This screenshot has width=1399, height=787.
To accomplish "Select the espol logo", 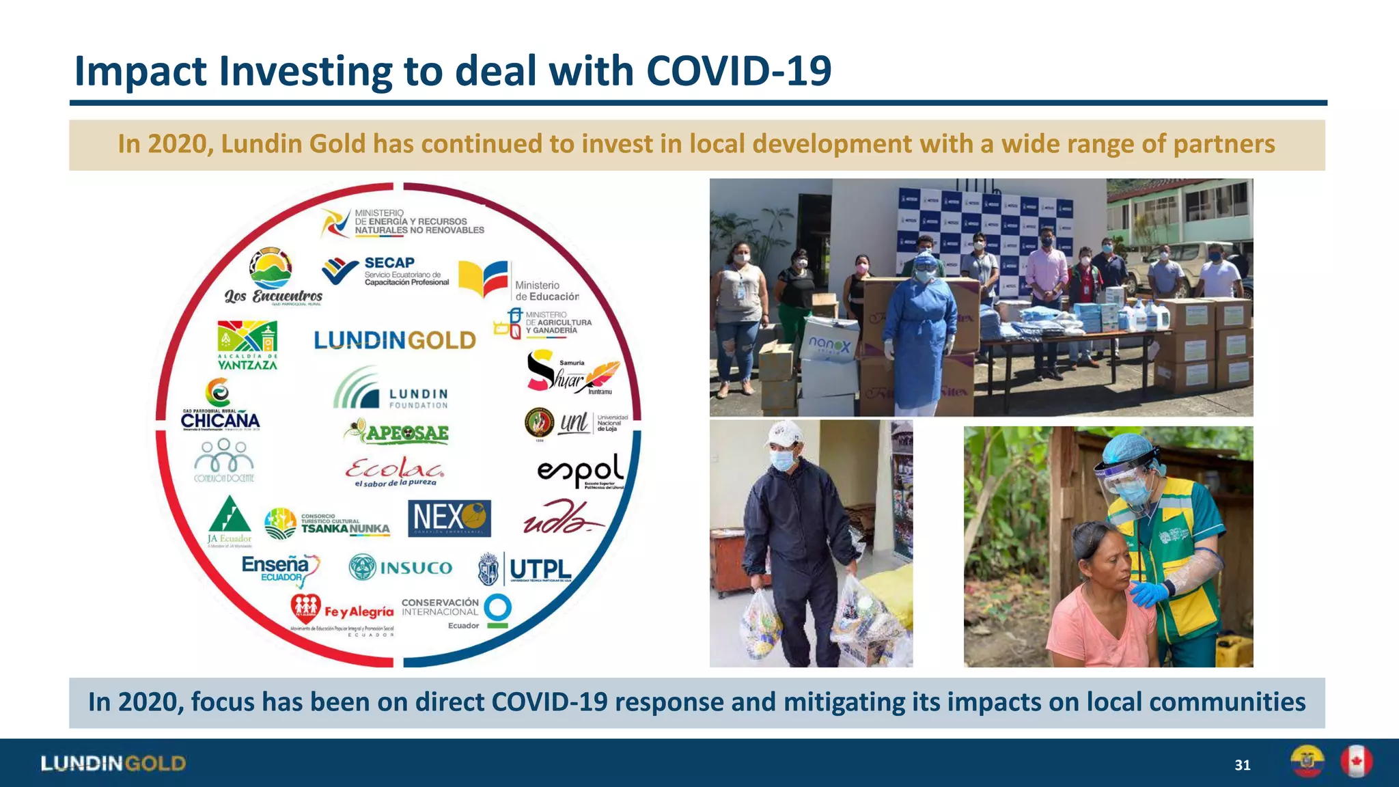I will click(x=581, y=471).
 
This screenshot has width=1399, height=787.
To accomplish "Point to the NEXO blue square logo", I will click(x=449, y=519).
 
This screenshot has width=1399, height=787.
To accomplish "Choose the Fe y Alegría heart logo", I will click(x=306, y=606).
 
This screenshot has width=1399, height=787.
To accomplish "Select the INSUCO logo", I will click(x=401, y=568).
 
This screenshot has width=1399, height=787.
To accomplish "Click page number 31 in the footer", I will click(x=1243, y=765).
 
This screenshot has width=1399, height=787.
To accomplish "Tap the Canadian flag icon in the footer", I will click(x=1356, y=762).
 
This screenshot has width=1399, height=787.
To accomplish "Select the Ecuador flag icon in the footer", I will click(x=1307, y=762).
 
